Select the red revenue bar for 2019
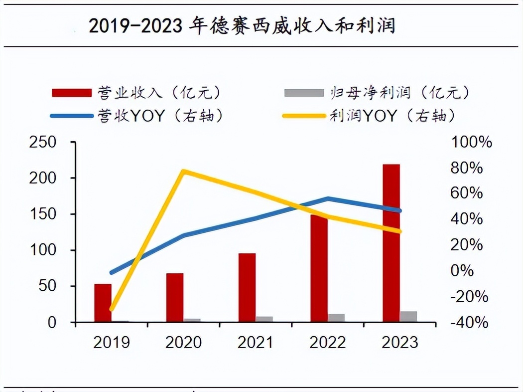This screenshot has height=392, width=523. (x=103, y=303)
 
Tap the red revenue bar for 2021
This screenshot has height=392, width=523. (x=247, y=288)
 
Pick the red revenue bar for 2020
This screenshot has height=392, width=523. (x=175, y=298)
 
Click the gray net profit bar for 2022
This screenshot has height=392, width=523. (x=336, y=318)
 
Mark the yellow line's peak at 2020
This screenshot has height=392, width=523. (x=183, y=172)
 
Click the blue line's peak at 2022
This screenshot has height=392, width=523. (x=328, y=198)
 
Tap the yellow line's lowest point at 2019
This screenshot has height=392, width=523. (x=112, y=309)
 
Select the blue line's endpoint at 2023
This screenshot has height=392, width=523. (x=399, y=210)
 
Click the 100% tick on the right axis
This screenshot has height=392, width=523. (x=471, y=142)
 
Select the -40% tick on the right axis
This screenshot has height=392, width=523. (x=470, y=323)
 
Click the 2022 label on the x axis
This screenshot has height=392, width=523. (x=328, y=343)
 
